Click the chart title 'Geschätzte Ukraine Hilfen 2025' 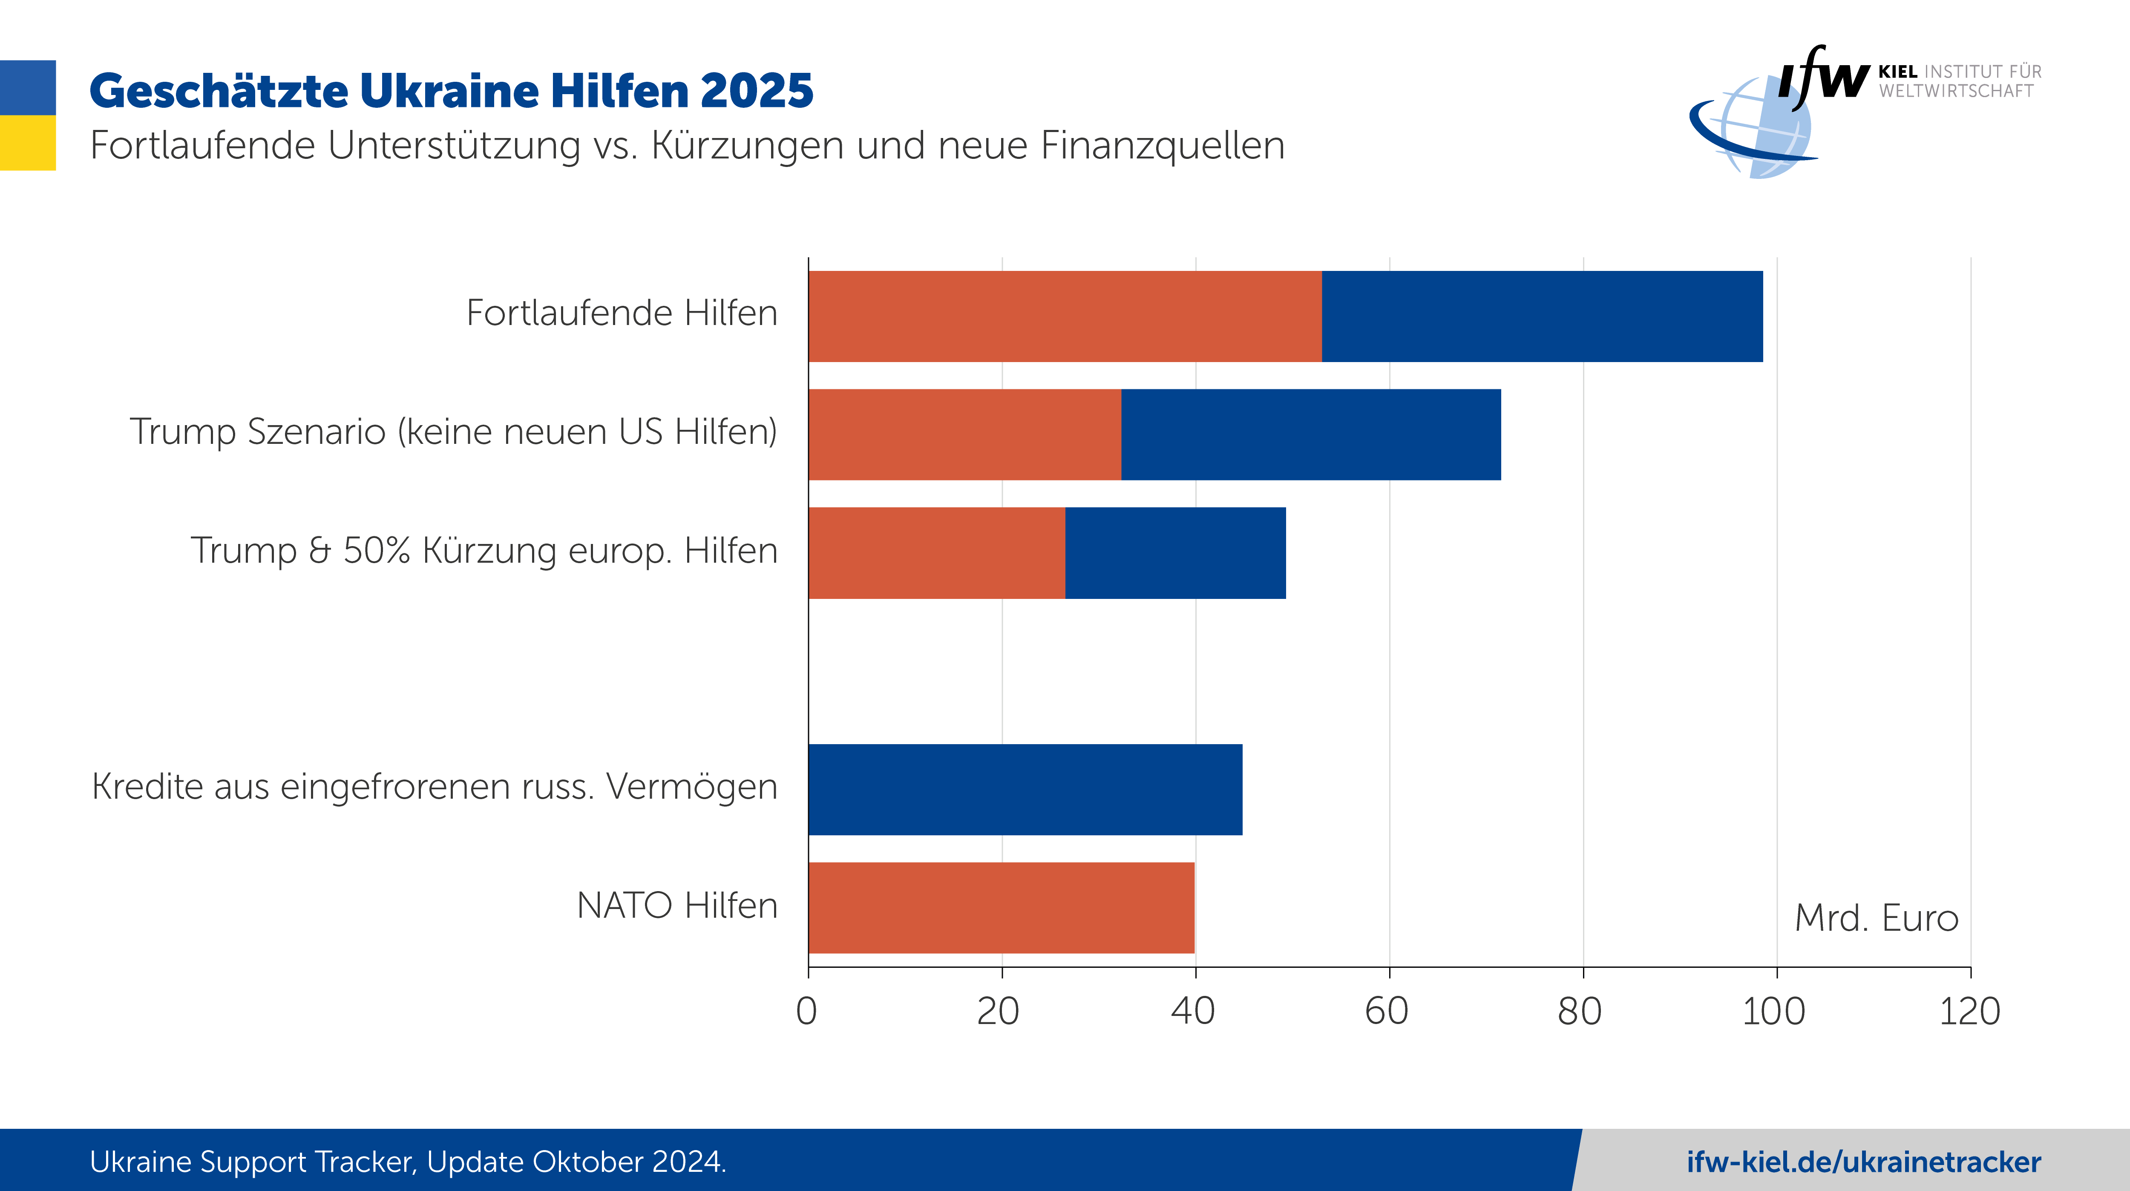pyautogui.click(x=451, y=91)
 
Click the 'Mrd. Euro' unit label pyautogui.click(x=1876, y=918)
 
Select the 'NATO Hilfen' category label pyautogui.click(x=677, y=906)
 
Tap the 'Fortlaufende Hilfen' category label pyautogui.click(x=622, y=314)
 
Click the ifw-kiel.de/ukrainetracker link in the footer pyautogui.click(x=1864, y=1162)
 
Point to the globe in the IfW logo pyautogui.click(x=1761, y=128)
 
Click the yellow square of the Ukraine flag pyautogui.click(x=27, y=142)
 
